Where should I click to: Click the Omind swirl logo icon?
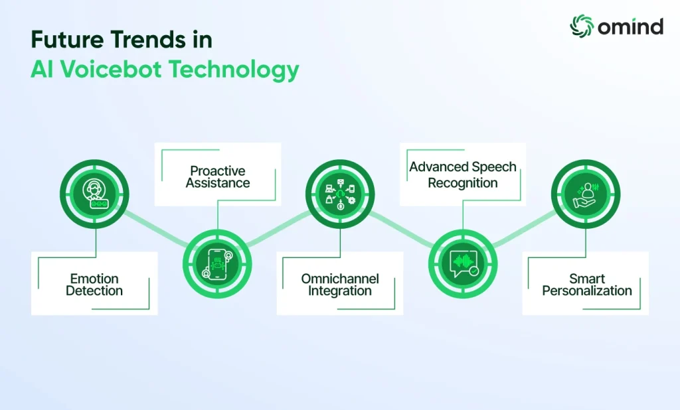coord(581,26)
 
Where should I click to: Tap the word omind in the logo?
coord(631,27)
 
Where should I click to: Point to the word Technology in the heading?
coord(234,70)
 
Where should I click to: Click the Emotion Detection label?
coord(94,285)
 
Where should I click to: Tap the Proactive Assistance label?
coord(218,177)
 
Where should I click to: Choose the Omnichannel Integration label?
coord(340,285)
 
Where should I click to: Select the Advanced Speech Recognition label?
coord(463,174)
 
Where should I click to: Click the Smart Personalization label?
coord(587,285)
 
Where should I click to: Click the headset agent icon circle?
coord(94,194)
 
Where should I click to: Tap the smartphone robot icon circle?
coord(217,264)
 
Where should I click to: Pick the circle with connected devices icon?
coord(340,194)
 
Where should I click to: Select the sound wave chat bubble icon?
coord(463,264)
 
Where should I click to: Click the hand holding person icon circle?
coord(586,194)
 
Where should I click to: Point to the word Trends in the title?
coord(148,39)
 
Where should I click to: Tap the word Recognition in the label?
coord(463,183)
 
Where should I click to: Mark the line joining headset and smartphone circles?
coord(156,229)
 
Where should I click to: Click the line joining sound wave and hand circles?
coord(525,229)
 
